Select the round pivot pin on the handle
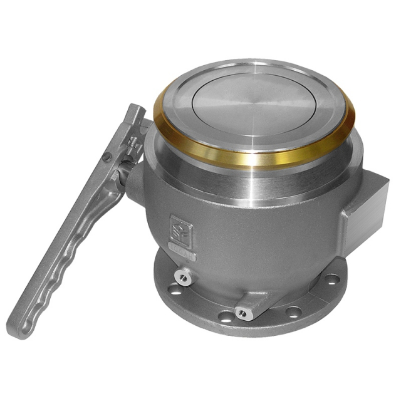pos(109,156)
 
